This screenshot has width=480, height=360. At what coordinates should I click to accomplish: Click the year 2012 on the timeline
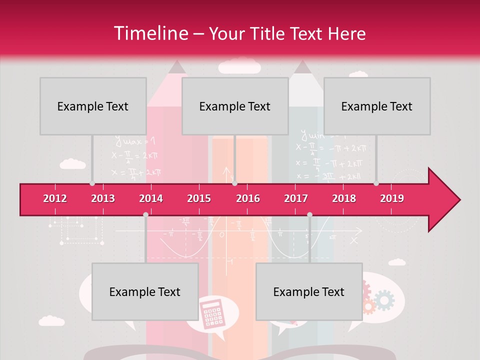(55, 198)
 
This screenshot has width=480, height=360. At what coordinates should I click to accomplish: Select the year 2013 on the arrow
(103, 198)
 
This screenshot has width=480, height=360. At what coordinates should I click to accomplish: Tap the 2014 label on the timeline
(151, 198)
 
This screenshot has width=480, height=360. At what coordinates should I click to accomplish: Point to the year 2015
(199, 198)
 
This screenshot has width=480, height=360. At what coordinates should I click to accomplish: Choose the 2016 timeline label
(248, 198)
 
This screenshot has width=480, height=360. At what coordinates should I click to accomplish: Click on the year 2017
(296, 198)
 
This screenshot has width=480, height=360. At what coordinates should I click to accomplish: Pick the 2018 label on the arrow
(344, 198)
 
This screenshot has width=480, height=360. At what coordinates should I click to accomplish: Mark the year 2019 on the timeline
(392, 198)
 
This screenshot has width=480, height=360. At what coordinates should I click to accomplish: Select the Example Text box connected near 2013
(93, 106)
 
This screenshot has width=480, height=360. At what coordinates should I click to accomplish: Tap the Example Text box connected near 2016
(235, 106)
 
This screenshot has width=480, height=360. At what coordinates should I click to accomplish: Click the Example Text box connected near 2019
(377, 106)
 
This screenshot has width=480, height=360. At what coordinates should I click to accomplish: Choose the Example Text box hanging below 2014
(145, 291)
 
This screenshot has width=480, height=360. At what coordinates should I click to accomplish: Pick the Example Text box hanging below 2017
(309, 291)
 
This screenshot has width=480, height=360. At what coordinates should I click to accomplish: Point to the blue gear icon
(384, 300)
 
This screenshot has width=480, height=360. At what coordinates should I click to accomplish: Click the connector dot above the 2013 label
(92, 183)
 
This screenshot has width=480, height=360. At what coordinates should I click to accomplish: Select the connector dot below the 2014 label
(145, 214)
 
